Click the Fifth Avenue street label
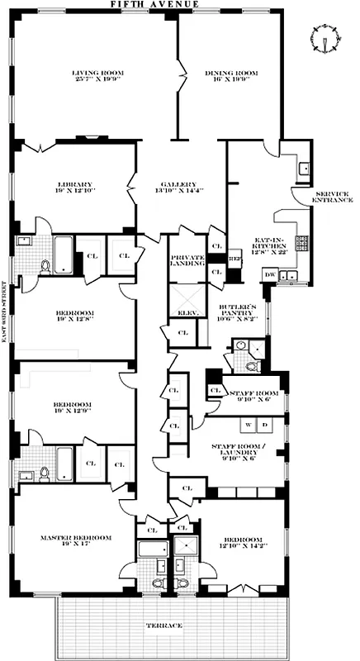pos(179,5)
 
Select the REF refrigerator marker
pos(234,259)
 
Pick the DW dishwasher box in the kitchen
pos(270,274)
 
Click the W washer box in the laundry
pos(247,426)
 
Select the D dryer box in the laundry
pos(265,426)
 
